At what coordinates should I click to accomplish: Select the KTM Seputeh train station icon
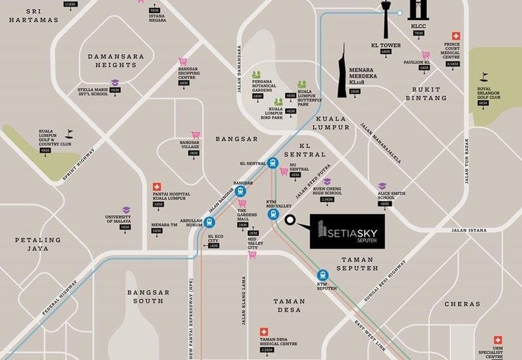click(321, 275)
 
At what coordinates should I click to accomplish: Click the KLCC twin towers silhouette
click(418, 14)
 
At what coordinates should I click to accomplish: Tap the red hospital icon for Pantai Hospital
click(157, 187)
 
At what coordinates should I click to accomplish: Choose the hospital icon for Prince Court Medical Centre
click(456, 37)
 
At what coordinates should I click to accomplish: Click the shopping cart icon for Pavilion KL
click(425, 55)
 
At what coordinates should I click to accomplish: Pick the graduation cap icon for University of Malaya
click(125, 211)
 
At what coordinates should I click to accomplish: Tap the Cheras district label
click(462, 304)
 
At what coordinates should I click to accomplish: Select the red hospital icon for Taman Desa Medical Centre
click(264, 331)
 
